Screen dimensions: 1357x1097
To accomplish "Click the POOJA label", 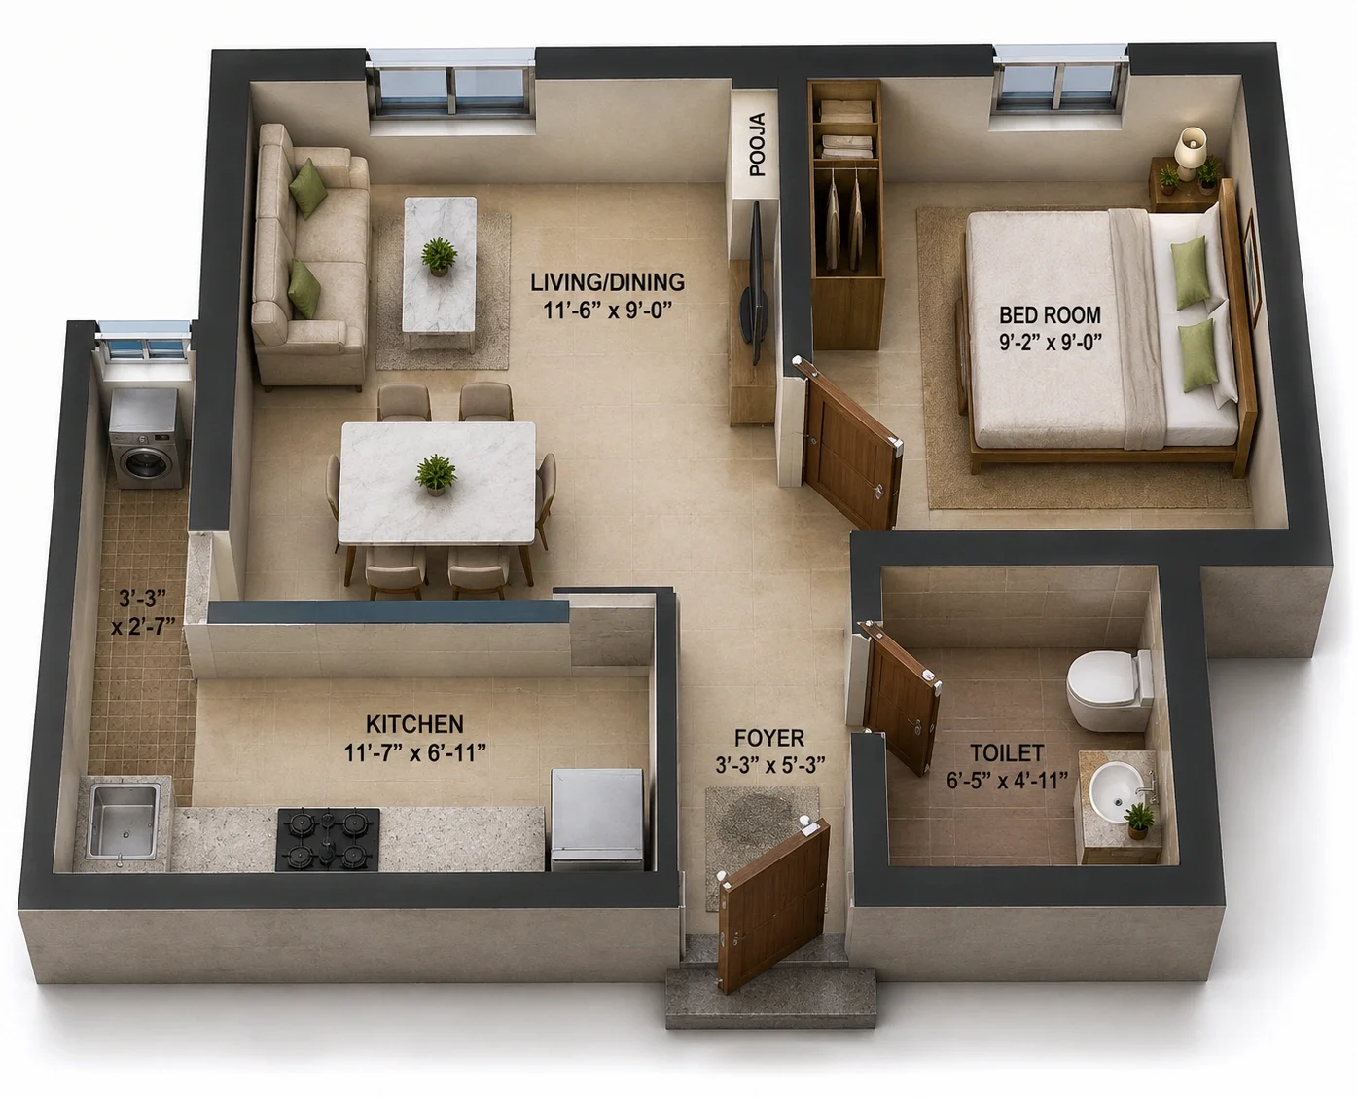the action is pyautogui.click(x=758, y=145).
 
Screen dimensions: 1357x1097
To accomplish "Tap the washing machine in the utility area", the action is pyautogui.click(x=148, y=439).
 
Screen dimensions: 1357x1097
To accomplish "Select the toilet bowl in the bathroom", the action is pyautogui.click(x=1109, y=690).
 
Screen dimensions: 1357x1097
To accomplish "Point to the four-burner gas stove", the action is pyautogui.click(x=328, y=839).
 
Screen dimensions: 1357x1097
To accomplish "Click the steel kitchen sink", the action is pyautogui.click(x=124, y=822).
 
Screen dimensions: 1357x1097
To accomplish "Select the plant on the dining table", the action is pyautogui.click(x=436, y=474).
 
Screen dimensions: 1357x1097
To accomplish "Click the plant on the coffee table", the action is pyautogui.click(x=439, y=256).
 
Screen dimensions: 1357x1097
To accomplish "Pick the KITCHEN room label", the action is pyautogui.click(x=414, y=724).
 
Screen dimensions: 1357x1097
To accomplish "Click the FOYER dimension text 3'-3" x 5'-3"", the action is pyautogui.click(x=769, y=765).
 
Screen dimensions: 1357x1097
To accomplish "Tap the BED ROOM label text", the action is pyautogui.click(x=1050, y=314).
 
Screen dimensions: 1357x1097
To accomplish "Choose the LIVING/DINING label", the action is pyautogui.click(x=607, y=281).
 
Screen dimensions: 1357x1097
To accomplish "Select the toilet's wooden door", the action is pyautogui.click(x=900, y=697).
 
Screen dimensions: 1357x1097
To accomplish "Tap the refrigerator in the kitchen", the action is pyautogui.click(x=597, y=819).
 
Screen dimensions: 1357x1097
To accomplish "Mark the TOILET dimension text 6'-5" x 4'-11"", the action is pyautogui.click(x=1007, y=781).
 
